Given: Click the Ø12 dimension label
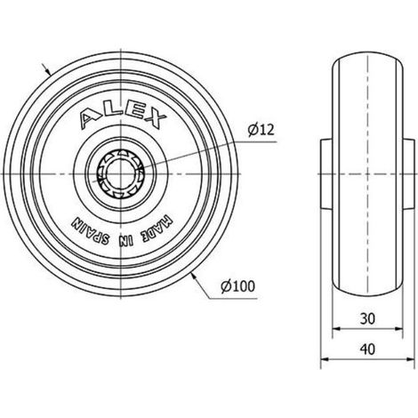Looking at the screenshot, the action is [x=261, y=130].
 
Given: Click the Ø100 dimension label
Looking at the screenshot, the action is [x=238, y=286].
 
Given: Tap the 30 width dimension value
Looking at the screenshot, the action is [x=367, y=319].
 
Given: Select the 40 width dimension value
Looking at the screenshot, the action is [x=367, y=350].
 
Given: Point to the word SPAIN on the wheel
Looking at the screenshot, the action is [x=91, y=233].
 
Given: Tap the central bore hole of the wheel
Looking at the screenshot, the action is [x=120, y=173].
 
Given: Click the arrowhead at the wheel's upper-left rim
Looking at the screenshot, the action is [x=49, y=71].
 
